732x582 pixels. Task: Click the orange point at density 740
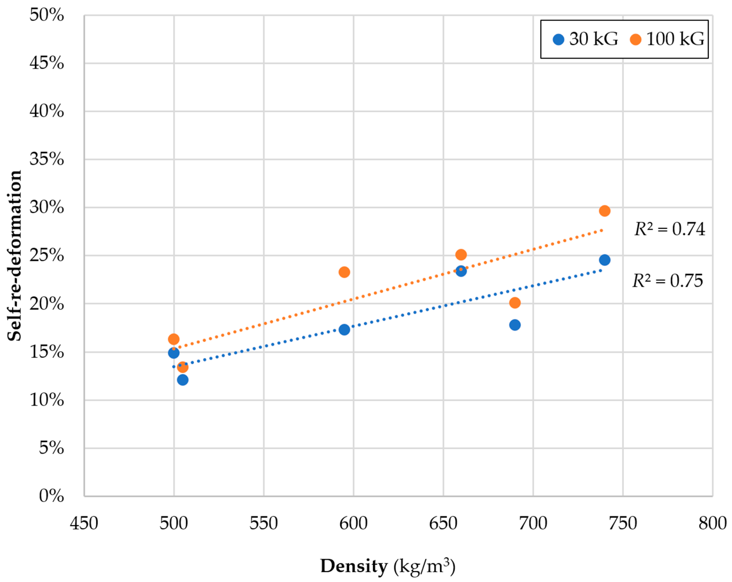[604, 211]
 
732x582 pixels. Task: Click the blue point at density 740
[604, 260]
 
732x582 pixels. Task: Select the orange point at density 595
[344, 272]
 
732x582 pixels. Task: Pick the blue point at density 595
[344, 329]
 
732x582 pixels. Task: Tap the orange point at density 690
[515, 302]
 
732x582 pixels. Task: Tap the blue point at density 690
[515, 325]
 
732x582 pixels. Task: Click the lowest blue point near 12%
[183, 380]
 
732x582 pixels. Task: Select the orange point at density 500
[173, 339]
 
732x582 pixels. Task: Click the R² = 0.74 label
[669, 229]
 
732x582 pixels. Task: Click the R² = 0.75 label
[668, 281]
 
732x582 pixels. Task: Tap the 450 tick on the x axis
[84, 523]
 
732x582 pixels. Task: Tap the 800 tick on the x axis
[712, 523]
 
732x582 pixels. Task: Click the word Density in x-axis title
[354, 566]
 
